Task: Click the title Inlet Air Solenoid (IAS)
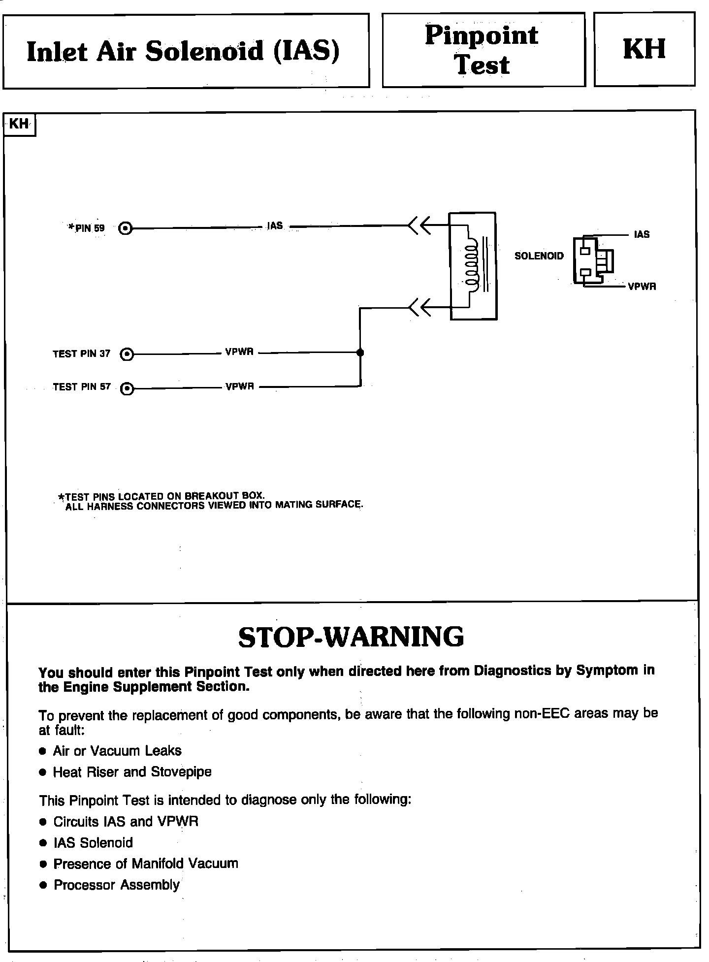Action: click(x=183, y=52)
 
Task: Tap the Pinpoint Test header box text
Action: click(x=482, y=50)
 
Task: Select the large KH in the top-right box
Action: click(x=644, y=49)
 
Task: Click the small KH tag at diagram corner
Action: click(x=19, y=124)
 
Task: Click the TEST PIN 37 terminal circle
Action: click(x=127, y=353)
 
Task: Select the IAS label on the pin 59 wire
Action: click(x=275, y=226)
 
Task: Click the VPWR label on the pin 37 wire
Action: click(x=239, y=352)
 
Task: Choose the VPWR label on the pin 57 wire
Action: click(x=240, y=386)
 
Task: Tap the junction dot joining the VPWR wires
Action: click(x=360, y=353)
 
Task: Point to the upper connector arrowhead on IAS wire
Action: click(x=419, y=226)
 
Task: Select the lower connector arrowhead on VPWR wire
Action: click(x=419, y=308)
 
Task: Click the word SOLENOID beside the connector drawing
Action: click(x=539, y=256)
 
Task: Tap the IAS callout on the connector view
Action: click(x=642, y=235)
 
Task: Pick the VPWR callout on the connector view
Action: click(x=642, y=287)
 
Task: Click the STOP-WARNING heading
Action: click(x=351, y=637)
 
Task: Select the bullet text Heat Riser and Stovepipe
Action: click(x=132, y=771)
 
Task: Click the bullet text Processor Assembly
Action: click(x=117, y=885)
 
